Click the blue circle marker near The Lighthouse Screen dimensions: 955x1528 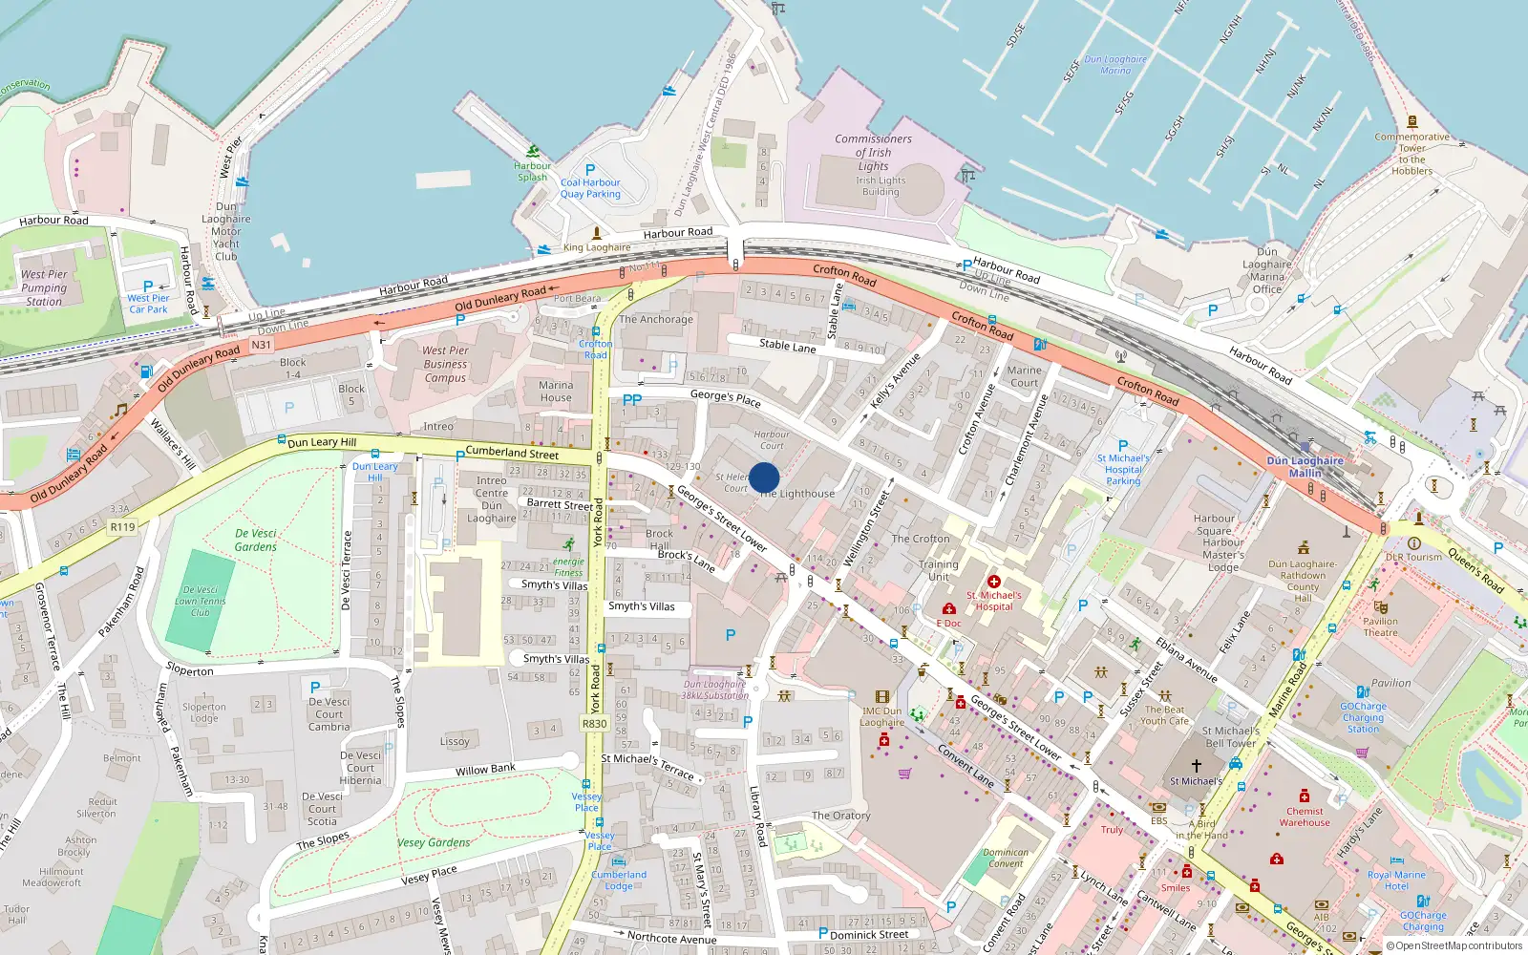click(764, 477)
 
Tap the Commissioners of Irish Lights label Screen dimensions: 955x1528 click(873, 153)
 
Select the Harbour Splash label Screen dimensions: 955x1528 click(533, 171)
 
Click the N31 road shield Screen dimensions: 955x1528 click(261, 345)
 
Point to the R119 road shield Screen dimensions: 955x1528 click(122, 526)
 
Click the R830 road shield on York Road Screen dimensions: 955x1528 click(595, 724)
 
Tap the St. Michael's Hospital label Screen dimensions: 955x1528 click(993, 601)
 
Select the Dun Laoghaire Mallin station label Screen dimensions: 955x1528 click(1305, 466)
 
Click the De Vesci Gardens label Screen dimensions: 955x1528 click(255, 541)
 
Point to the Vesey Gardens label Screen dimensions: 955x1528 click(434, 842)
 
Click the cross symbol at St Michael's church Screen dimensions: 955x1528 click(1196, 765)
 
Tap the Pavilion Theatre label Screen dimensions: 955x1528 click(1380, 626)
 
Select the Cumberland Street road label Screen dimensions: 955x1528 click(512, 452)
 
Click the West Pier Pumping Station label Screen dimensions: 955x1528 click(44, 287)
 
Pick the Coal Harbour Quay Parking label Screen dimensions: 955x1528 click(590, 188)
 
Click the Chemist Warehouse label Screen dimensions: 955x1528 click(1305, 817)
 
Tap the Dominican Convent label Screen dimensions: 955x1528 click(1006, 858)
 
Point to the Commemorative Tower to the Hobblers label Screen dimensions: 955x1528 click(1411, 154)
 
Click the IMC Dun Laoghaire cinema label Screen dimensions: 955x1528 click(881, 716)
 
